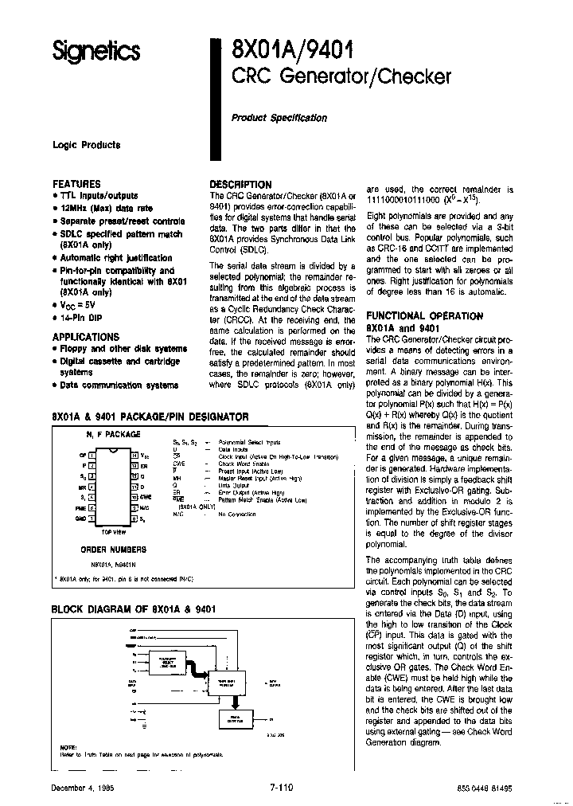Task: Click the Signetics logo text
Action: pyautogui.click(x=95, y=52)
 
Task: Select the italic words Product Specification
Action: pyautogui.click(x=279, y=118)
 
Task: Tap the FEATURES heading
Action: pyautogui.click(x=76, y=184)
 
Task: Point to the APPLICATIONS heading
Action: pyautogui.click(x=85, y=337)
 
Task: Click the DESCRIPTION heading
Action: pyautogui.click(x=240, y=184)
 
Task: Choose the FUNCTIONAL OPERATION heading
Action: pyautogui.click(x=423, y=316)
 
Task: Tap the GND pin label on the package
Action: pyautogui.click(x=81, y=517)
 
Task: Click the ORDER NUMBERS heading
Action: pyautogui.click(x=113, y=550)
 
